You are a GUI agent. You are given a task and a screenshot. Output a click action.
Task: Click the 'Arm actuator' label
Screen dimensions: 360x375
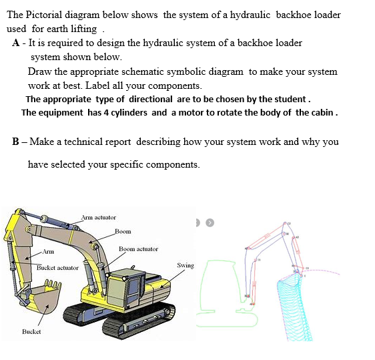tap(99, 218)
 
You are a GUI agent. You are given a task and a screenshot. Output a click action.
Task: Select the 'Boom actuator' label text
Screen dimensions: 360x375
tap(138, 249)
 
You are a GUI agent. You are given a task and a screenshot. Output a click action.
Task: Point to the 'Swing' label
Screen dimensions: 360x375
tap(185, 266)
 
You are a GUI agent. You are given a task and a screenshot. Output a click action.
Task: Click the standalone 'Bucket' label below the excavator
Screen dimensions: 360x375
tap(31, 331)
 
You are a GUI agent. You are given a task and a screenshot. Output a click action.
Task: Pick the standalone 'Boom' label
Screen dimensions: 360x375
tap(123, 232)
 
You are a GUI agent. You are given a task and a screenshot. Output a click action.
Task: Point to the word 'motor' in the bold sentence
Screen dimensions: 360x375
tap(190, 112)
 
